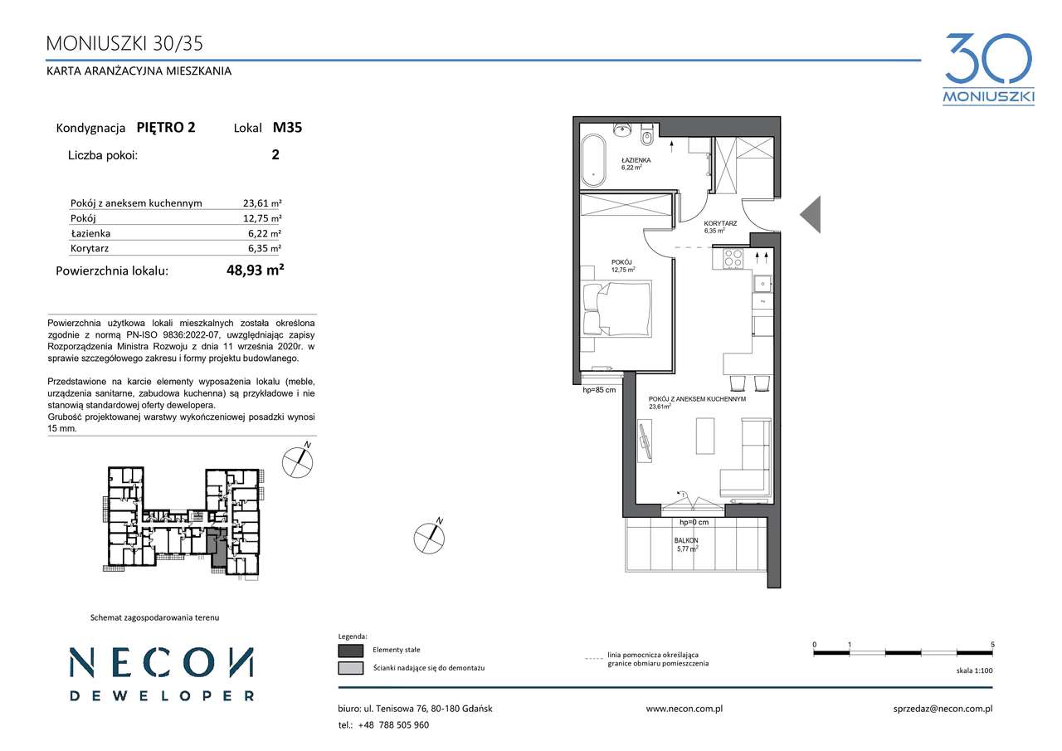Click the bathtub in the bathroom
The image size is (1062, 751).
(x=593, y=161)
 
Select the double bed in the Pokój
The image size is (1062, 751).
(x=616, y=309)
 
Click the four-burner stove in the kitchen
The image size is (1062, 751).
(x=733, y=259)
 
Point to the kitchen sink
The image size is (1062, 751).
(x=762, y=284)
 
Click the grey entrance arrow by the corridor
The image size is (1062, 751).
(x=811, y=214)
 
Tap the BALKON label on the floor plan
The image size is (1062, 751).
(x=686, y=540)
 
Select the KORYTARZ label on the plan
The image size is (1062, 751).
(x=720, y=223)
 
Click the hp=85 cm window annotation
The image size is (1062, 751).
(x=599, y=390)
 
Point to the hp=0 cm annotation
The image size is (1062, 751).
(x=694, y=523)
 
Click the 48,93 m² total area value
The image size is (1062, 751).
(x=255, y=271)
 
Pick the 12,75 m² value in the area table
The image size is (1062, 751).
(x=262, y=218)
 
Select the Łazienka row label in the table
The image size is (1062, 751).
(x=90, y=233)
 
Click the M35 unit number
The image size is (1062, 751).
(x=287, y=128)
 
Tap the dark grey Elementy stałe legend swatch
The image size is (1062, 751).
(x=351, y=650)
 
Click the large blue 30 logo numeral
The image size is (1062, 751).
(x=988, y=59)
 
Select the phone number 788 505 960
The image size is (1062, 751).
(x=404, y=725)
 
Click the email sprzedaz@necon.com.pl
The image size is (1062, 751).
(x=943, y=709)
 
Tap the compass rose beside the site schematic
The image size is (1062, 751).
(x=298, y=461)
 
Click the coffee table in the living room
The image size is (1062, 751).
(x=705, y=436)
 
